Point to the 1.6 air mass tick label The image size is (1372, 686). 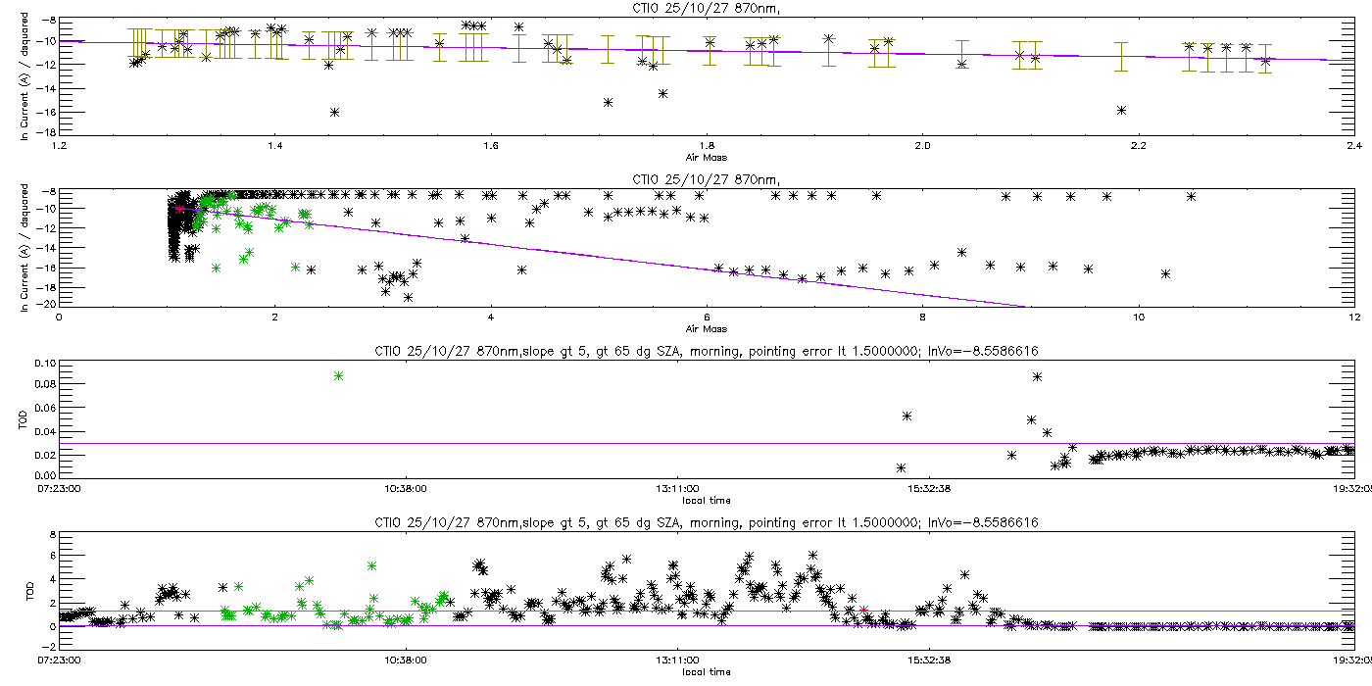[491, 146]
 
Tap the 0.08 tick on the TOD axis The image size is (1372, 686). [46, 384]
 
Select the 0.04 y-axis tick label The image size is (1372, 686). [46, 432]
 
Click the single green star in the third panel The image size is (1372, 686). [339, 376]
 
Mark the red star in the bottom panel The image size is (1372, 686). [863, 610]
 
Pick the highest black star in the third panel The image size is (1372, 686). [1037, 377]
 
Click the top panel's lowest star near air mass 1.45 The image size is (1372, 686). [334, 113]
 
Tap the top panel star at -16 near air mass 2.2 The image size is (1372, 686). [1121, 111]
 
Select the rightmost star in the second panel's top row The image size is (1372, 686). [1191, 197]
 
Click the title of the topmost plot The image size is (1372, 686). [707, 9]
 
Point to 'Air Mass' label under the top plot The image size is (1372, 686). [707, 158]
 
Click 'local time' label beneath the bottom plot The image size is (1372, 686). [707, 672]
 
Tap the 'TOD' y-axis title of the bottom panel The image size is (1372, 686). [30, 592]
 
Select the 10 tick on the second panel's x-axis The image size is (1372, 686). [1138, 318]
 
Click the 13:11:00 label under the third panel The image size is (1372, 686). [677, 489]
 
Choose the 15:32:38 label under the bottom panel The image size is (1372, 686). [929, 661]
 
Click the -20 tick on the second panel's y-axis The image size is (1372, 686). [48, 304]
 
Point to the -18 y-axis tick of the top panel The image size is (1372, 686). [48, 132]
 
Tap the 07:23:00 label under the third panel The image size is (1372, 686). [59, 489]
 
